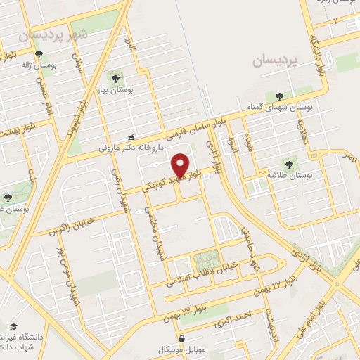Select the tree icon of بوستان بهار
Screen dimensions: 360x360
pyautogui.click(x=115, y=77)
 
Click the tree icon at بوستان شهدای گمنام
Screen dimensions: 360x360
pyautogui.click(x=280, y=96)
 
